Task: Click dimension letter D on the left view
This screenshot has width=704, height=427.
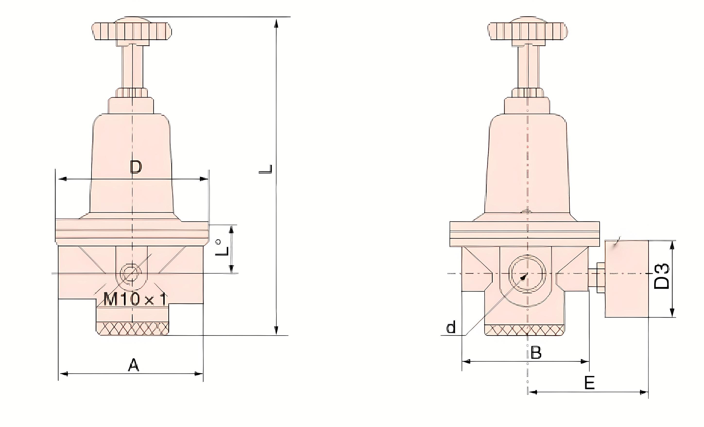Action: [136, 167]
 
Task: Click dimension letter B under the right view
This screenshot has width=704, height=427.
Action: [536, 353]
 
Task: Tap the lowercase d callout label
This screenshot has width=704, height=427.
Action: [451, 328]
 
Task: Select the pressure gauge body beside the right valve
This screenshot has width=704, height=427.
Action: [627, 279]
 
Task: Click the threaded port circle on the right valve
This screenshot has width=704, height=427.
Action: [527, 273]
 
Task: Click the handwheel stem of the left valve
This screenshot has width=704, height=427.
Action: [132, 67]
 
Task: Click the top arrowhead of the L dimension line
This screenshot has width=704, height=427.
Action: [276, 23]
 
